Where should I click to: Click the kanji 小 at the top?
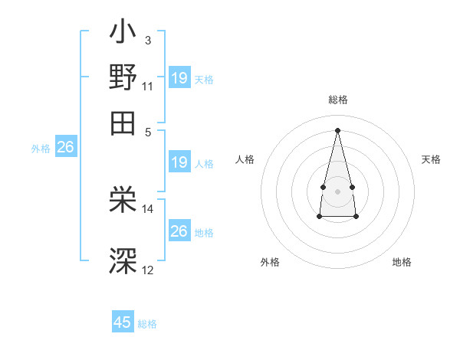(123, 35)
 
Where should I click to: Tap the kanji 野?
(123, 78)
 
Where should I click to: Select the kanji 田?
(123, 121)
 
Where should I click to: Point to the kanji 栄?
(123, 201)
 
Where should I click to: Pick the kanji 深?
(123, 261)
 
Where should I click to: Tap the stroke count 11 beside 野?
(148, 86)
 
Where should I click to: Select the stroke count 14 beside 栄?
(148, 208)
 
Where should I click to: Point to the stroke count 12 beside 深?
(148, 269)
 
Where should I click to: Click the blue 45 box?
(123, 322)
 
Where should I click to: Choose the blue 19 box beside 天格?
(179, 77)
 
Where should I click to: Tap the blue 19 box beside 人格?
(179, 162)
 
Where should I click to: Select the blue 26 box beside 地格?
(179, 231)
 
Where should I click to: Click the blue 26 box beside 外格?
(65, 147)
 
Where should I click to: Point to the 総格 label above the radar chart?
(337, 100)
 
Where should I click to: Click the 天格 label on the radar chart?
(431, 159)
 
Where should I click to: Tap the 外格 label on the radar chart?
(269, 262)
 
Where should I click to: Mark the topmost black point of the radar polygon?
(337, 129)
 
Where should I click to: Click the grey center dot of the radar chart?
(337, 190)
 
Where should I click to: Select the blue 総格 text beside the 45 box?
(147, 324)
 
